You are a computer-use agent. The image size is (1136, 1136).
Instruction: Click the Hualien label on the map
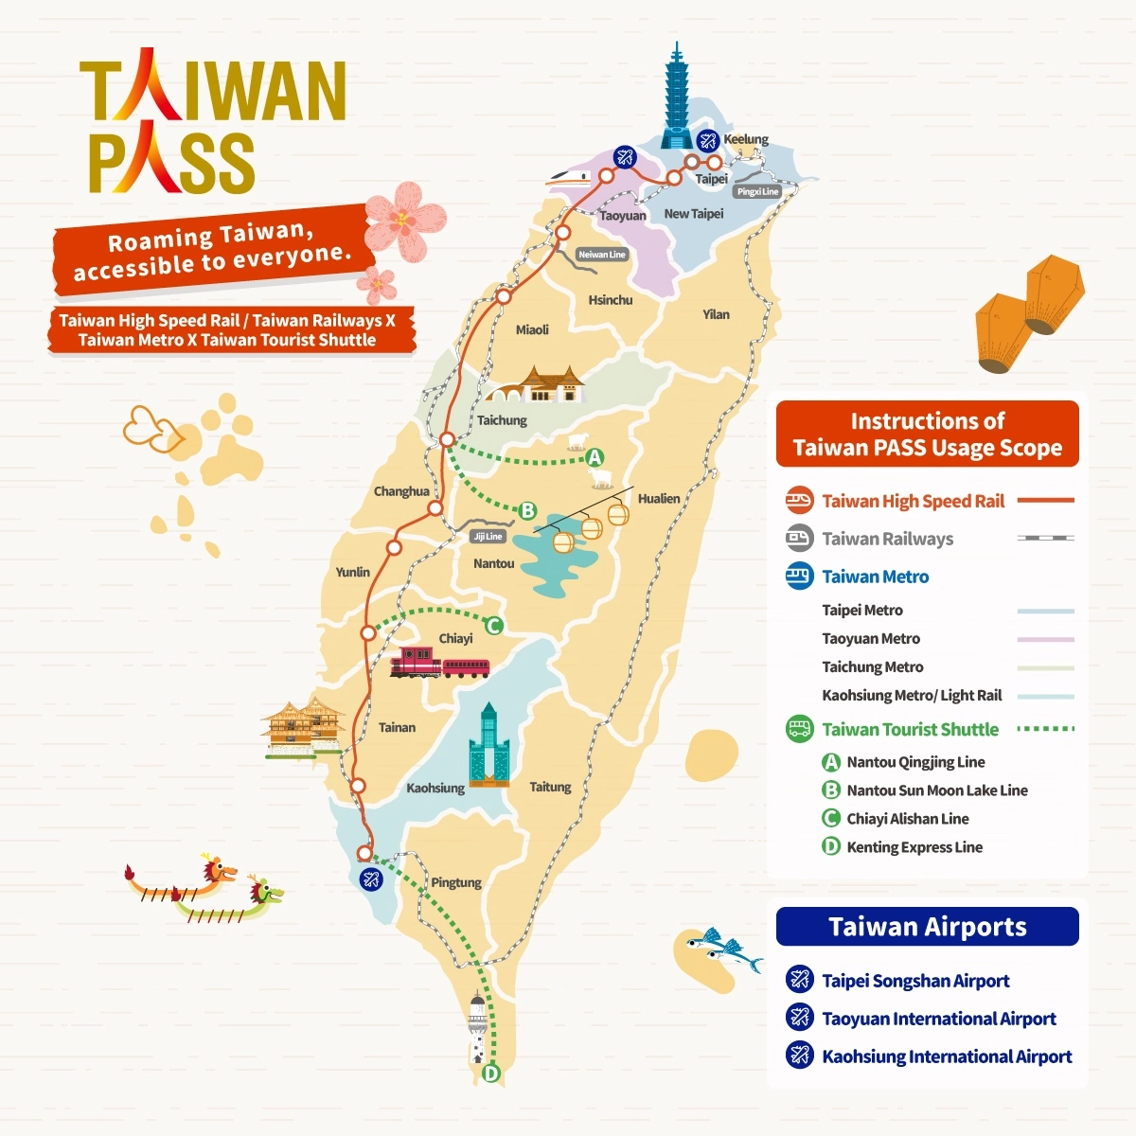point(658,498)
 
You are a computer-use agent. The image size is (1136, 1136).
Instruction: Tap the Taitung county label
point(550,787)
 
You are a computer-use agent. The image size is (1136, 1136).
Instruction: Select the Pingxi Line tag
point(757,191)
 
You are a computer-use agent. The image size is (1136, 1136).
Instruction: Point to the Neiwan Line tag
point(602,255)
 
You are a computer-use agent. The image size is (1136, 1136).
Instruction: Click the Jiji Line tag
point(488,536)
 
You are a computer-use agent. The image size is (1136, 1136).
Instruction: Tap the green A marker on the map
point(595,458)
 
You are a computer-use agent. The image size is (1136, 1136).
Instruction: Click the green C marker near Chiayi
point(493,626)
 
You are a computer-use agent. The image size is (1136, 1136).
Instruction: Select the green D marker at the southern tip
point(490,1074)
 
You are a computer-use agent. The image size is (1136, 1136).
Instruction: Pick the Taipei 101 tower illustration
point(677,99)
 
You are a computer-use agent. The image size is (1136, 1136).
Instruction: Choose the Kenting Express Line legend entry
point(914,847)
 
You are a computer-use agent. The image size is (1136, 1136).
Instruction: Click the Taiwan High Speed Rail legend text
point(913,502)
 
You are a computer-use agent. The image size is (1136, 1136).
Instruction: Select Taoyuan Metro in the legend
point(871,639)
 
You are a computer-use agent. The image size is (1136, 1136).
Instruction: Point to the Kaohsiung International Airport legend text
point(947,1056)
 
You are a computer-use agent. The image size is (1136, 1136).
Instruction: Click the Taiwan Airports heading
point(927,927)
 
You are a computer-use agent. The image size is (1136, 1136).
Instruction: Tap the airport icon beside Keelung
point(708,140)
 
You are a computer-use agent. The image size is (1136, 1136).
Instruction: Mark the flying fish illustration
point(724,950)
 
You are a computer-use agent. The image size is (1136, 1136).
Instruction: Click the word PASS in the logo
point(172,163)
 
